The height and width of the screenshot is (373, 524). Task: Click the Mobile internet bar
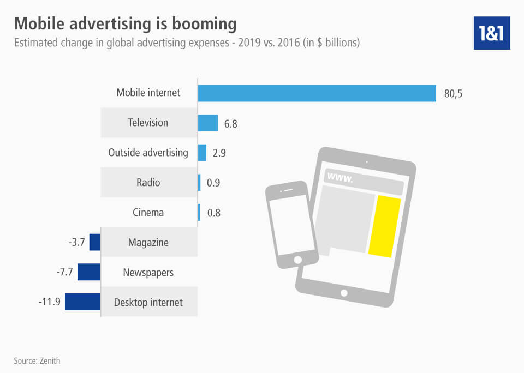(317, 93)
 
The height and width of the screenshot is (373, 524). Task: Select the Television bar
(208, 123)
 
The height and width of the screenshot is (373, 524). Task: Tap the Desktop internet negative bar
(82, 302)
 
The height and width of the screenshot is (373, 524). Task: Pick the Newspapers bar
(89, 272)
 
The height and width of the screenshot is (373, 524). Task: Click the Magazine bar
(95, 242)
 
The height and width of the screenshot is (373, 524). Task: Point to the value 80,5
(454, 93)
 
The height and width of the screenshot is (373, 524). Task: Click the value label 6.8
(230, 124)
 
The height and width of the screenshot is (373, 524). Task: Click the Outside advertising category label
(148, 153)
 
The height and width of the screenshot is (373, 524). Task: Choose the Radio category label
(148, 182)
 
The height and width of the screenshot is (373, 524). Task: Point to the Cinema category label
(148, 212)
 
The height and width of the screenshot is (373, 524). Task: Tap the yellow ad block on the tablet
(384, 227)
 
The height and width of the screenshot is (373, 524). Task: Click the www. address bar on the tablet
(363, 178)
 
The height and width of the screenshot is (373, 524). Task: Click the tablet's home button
(344, 293)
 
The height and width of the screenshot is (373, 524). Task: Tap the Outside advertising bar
(202, 153)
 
